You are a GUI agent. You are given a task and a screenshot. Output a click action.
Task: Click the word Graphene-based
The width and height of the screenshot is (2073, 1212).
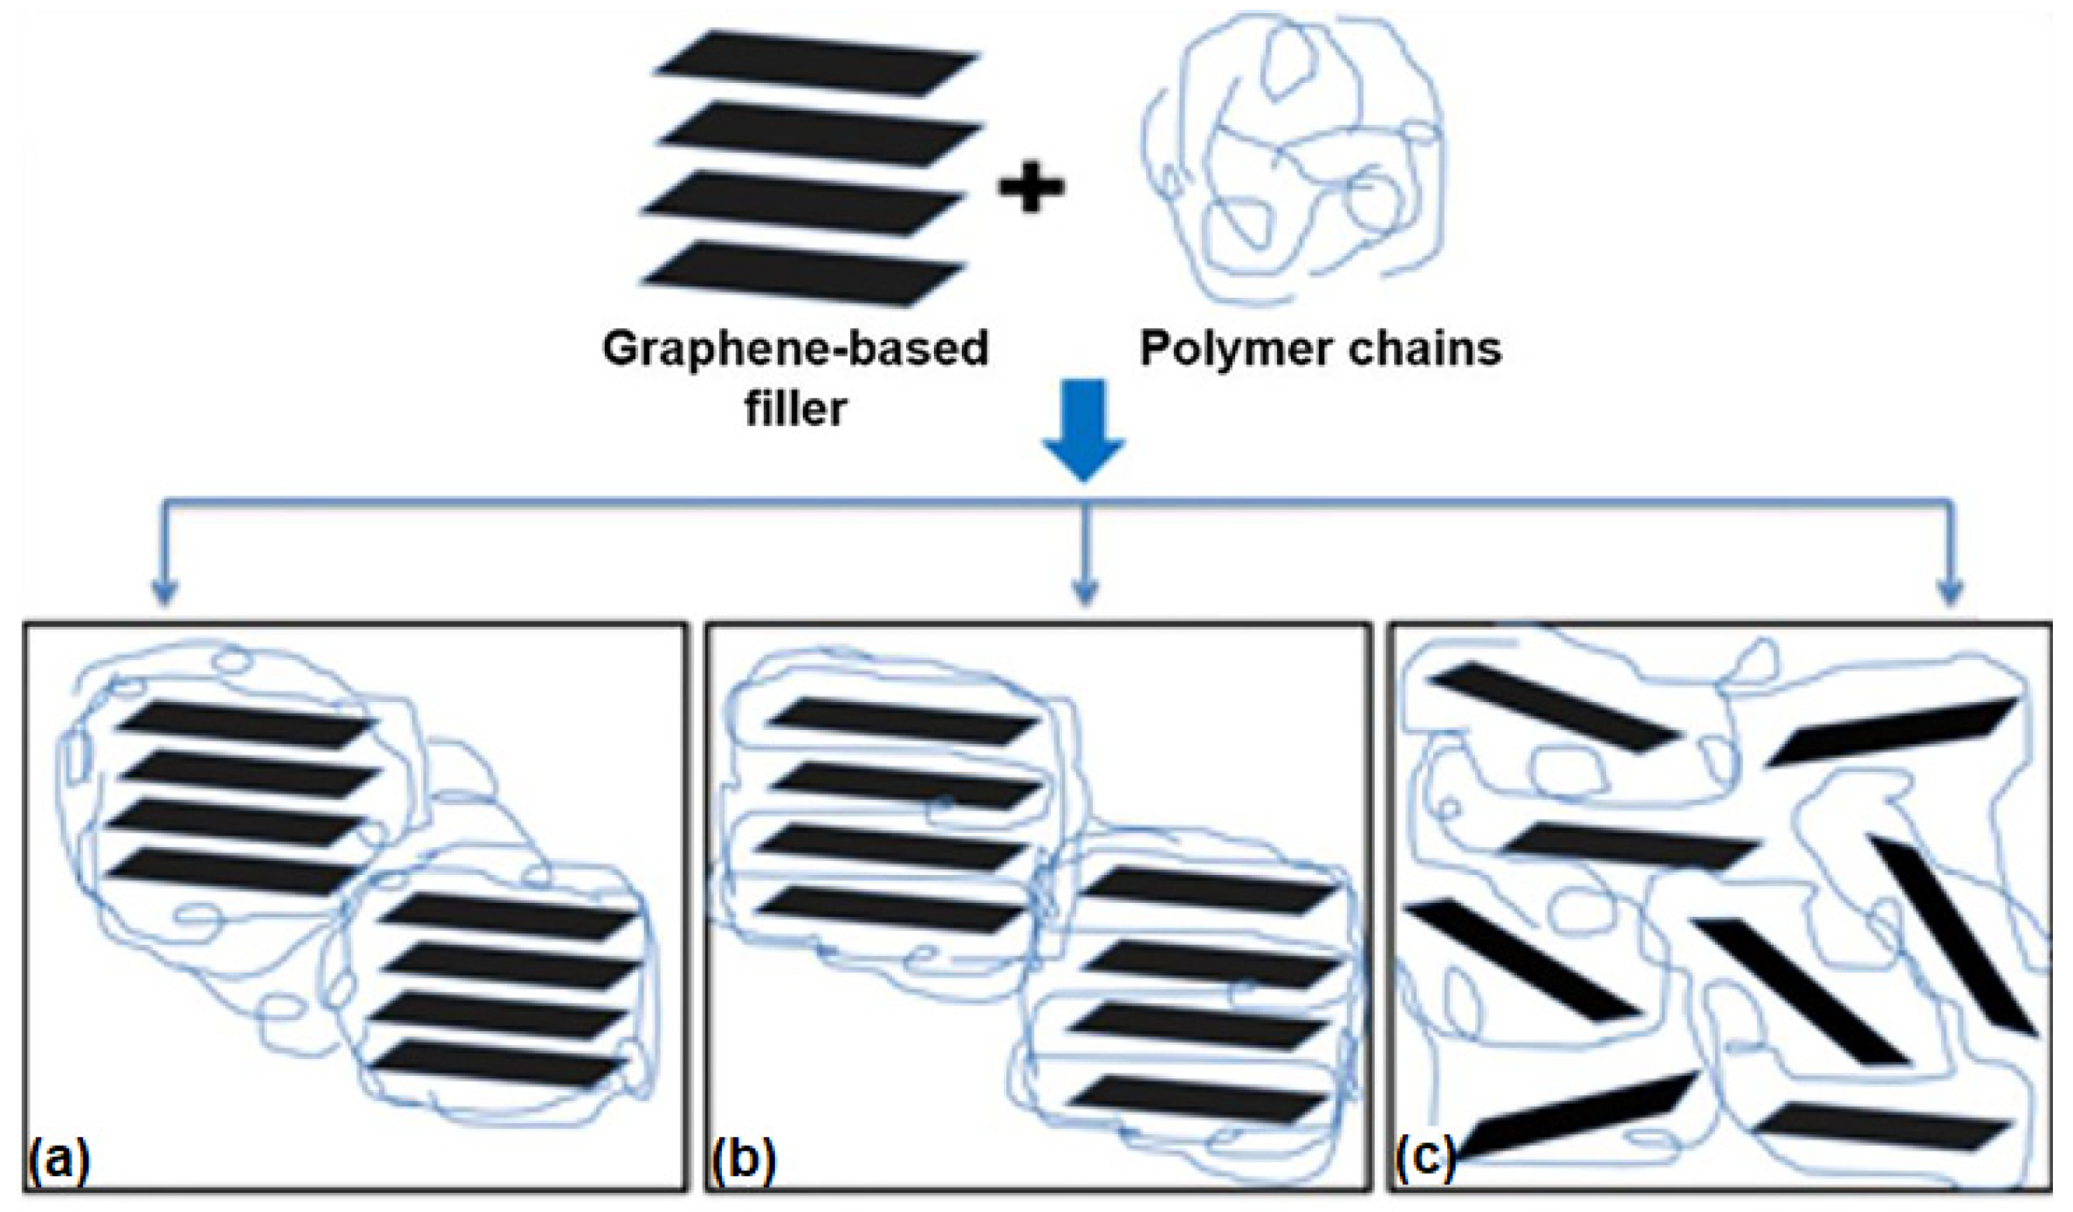(x=795, y=348)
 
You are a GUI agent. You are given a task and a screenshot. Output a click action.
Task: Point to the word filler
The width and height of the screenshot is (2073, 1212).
(x=795, y=408)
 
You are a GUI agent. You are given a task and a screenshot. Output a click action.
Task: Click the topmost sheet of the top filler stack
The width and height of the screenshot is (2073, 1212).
(x=815, y=62)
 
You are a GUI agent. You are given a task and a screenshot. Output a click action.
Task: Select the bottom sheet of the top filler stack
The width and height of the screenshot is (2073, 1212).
(x=803, y=274)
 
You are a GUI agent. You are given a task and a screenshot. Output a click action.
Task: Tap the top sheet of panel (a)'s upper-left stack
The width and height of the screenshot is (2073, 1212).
(x=247, y=725)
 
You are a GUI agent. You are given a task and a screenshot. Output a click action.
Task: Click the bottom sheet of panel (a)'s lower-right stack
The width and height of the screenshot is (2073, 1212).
(x=497, y=1064)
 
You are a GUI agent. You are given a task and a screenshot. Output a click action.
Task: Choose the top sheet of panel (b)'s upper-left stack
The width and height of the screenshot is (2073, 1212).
(x=904, y=720)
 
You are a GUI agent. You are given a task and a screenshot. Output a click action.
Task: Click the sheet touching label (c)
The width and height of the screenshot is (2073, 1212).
(x=1575, y=1119)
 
